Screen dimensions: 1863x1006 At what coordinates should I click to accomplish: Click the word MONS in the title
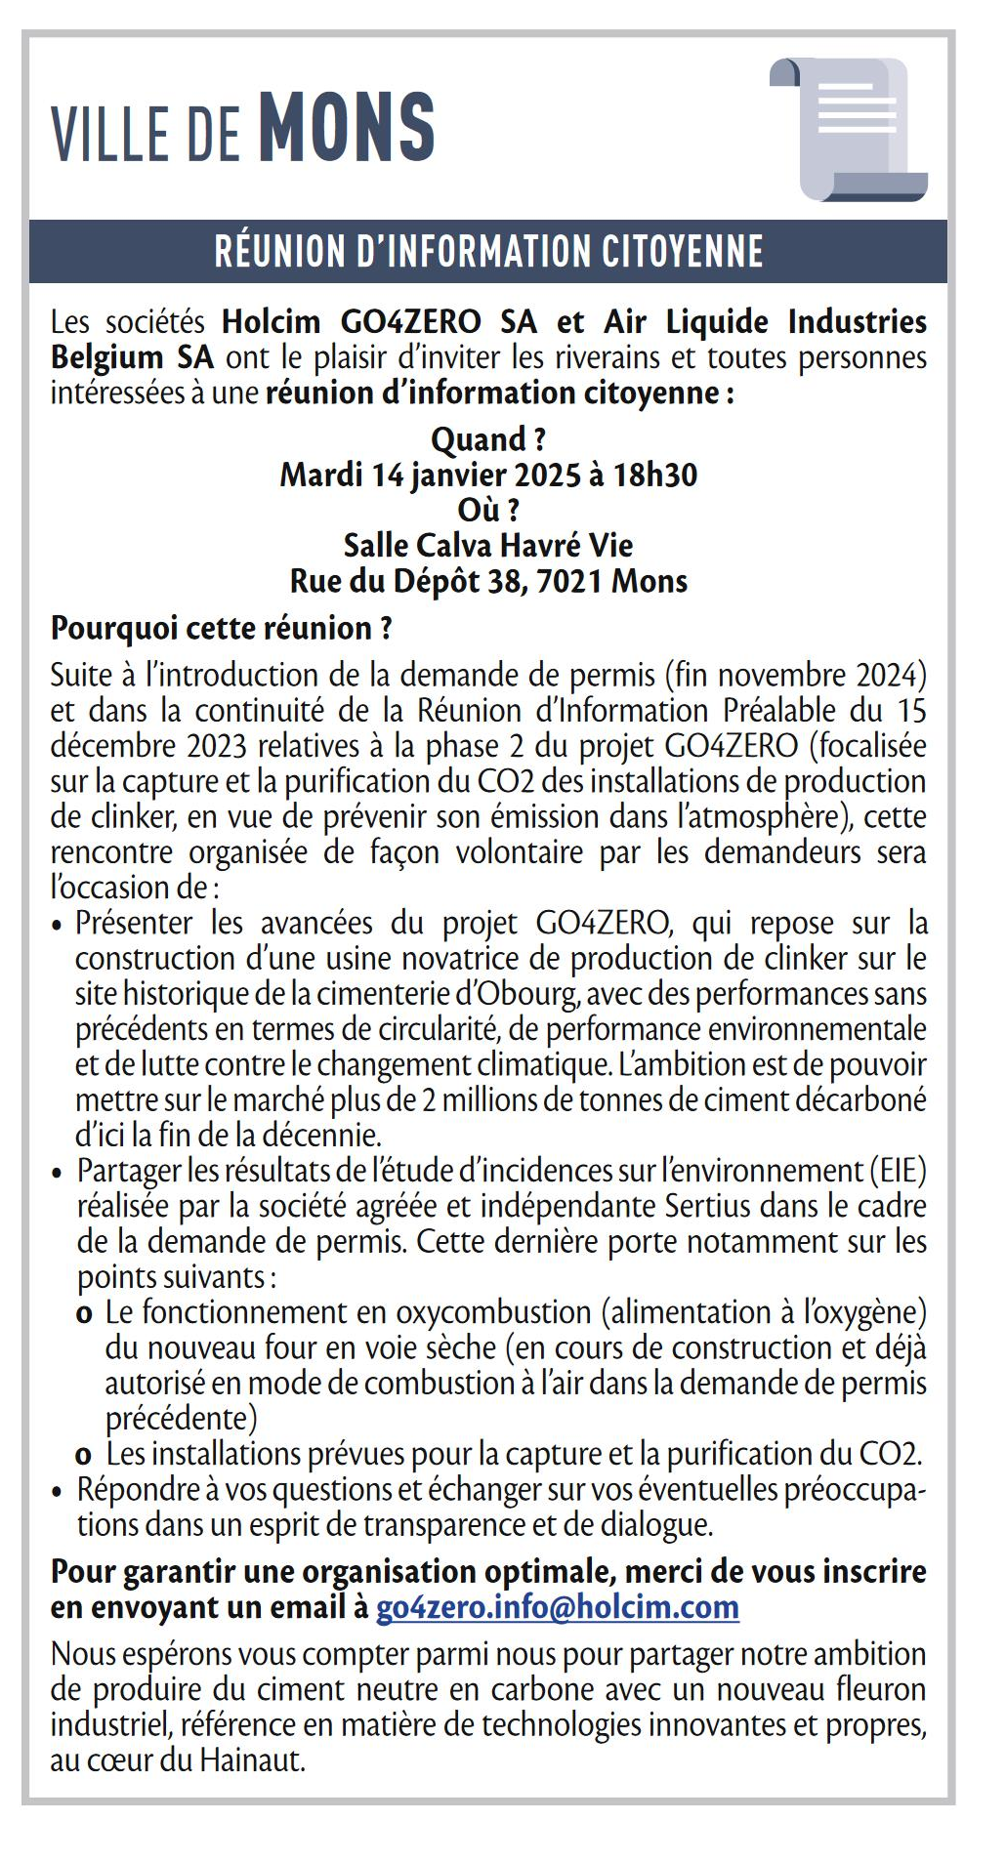pyautogui.click(x=347, y=127)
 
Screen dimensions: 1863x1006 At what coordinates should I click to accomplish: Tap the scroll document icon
pyautogui.click(x=849, y=128)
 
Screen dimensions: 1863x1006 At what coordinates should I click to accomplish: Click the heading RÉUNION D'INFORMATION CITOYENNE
pyautogui.click(x=488, y=251)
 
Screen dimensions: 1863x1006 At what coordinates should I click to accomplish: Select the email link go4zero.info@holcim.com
pyautogui.click(x=557, y=1606)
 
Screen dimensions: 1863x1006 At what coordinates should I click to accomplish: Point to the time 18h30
pyautogui.click(x=655, y=475)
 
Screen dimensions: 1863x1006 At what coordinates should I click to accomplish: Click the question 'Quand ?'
pyautogui.click(x=488, y=439)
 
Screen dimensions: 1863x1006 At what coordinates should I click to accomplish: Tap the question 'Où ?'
pyautogui.click(x=488, y=510)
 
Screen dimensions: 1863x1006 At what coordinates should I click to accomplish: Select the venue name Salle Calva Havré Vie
pyautogui.click(x=488, y=545)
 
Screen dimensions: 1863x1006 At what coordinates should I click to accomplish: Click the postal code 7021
pyautogui.click(x=570, y=581)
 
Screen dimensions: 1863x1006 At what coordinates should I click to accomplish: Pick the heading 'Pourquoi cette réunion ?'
pyautogui.click(x=222, y=627)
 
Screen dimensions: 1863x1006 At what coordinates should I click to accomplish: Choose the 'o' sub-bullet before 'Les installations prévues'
pyautogui.click(x=85, y=1455)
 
